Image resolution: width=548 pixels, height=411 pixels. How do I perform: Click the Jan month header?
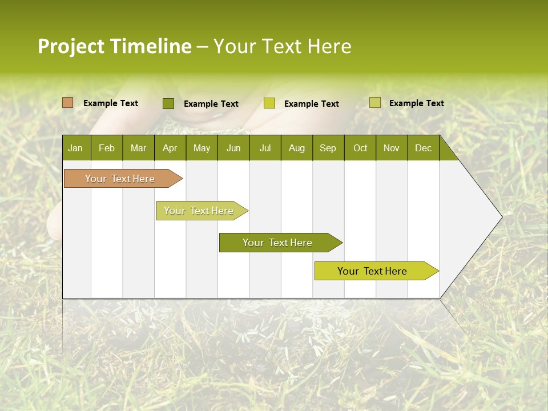click(75, 148)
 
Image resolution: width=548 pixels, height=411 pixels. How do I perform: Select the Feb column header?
click(107, 148)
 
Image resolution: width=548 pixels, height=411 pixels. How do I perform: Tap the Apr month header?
click(170, 148)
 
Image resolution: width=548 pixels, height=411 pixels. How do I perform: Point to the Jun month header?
click(233, 148)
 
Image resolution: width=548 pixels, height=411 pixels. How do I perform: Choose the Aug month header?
click(296, 148)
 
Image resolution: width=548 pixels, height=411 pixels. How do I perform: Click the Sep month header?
click(328, 148)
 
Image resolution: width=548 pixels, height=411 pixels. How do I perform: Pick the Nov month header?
click(392, 148)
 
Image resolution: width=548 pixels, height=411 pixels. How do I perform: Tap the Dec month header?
click(423, 148)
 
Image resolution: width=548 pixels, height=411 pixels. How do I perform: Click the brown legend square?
click(68, 103)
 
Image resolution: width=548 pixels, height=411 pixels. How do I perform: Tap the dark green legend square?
click(168, 103)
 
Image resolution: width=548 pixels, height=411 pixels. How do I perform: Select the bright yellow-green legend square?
click(269, 103)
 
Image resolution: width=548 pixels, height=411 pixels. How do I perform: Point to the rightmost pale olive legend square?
click(375, 103)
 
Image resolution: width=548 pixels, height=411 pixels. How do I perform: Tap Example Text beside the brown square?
click(111, 103)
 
